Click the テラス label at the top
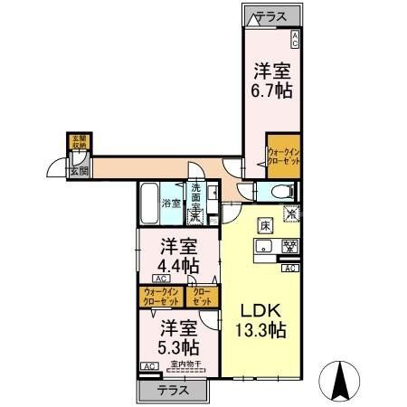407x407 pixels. pyautogui.click(x=271, y=16)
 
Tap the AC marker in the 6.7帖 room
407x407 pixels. pyautogui.click(x=294, y=38)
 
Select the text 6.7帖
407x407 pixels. pyautogui.click(x=271, y=90)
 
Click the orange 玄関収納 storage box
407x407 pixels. pyautogui.click(x=80, y=142)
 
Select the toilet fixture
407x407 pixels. pyautogui.click(x=276, y=191)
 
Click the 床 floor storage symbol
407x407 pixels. pyautogui.click(x=265, y=225)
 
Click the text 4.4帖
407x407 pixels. pyautogui.click(x=179, y=265)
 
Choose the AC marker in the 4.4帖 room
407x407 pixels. pyautogui.click(x=148, y=279)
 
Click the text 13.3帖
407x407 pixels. pyautogui.click(x=261, y=330)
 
